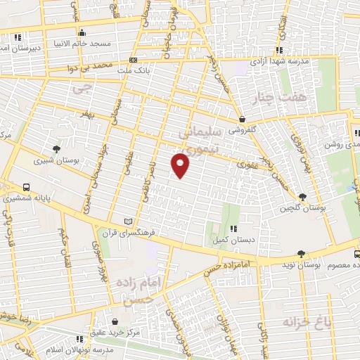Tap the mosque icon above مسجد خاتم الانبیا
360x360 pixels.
82,32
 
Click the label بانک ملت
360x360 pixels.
134,72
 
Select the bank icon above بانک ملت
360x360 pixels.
134,61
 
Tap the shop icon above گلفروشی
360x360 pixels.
242,120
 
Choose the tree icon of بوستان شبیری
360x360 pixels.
56,149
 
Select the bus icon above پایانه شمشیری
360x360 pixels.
27,188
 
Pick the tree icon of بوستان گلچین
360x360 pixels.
302,197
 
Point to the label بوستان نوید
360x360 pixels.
324,267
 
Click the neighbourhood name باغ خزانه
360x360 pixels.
306,322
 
